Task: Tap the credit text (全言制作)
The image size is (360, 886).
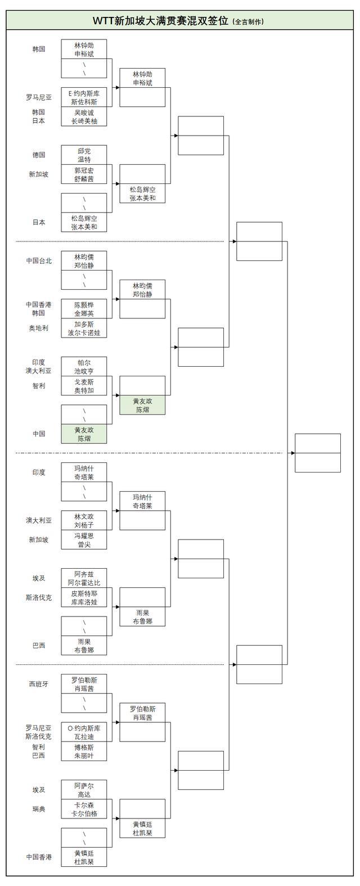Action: pyautogui.click(x=248, y=22)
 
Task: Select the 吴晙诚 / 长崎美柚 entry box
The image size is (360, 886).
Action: pyautogui.click(x=84, y=116)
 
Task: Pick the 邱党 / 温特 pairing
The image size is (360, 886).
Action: pyautogui.click(x=84, y=155)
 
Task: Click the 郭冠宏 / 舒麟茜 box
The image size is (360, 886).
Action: pyautogui.click(x=84, y=174)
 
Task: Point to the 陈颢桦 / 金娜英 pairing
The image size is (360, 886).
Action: pyautogui.click(x=84, y=308)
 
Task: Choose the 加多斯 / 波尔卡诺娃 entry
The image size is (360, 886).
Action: pyautogui.click(x=84, y=329)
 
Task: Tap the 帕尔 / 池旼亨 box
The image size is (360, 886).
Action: pyautogui.click(x=84, y=367)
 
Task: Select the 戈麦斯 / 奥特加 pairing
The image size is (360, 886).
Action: pyautogui.click(x=84, y=386)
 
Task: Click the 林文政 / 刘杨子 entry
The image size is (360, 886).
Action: pyautogui.click(x=84, y=520)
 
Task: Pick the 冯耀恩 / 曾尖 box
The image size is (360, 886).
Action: pyautogui.click(x=84, y=540)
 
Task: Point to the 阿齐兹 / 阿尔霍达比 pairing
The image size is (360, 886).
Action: pyautogui.click(x=84, y=578)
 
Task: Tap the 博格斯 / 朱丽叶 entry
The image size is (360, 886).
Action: pyautogui.click(x=84, y=752)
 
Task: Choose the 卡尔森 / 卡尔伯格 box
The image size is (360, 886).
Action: pyautogui.click(x=84, y=809)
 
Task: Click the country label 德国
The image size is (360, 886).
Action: pyautogui.click(x=38, y=155)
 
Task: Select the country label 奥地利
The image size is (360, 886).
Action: pyautogui.click(x=38, y=328)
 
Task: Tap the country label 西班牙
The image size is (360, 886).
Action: pyautogui.click(x=38, y=684)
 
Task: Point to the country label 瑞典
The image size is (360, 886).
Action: pyautogui.click(x=38, y=809)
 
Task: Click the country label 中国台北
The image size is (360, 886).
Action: pyautogui.click(x=38, y=261)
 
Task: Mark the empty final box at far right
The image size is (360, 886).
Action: pyautogui.click(x=317, y=453)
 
